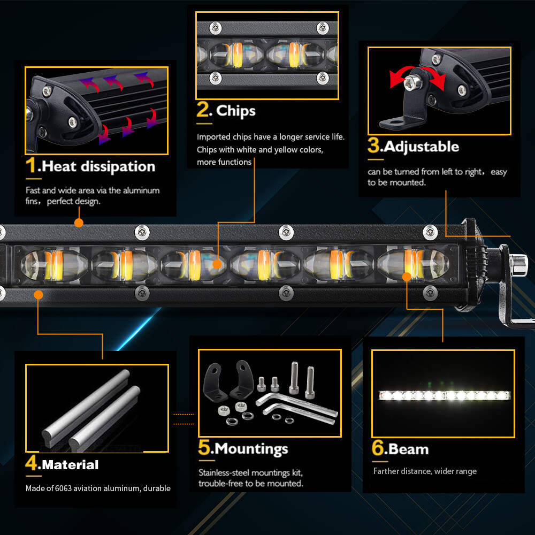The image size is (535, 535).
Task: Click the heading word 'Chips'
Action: (x=235, y=111)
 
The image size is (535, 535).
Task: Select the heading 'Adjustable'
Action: (x=421, y=147)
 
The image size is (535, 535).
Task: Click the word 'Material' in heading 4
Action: (x=70, y=464)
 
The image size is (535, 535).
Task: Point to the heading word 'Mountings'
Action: (x=251, y=449)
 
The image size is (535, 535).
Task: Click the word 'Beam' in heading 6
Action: (x=408, y=449)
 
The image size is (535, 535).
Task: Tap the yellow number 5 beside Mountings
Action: (x=204, y=448)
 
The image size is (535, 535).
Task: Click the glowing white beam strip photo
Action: (x=444, y=395)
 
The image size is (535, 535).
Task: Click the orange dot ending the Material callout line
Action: (x=38, y=294)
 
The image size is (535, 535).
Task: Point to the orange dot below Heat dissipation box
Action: (x=79, y=223)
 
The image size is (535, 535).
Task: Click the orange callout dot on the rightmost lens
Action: (x=407, y=277)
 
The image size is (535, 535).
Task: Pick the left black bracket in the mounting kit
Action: (x=215, y=381)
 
